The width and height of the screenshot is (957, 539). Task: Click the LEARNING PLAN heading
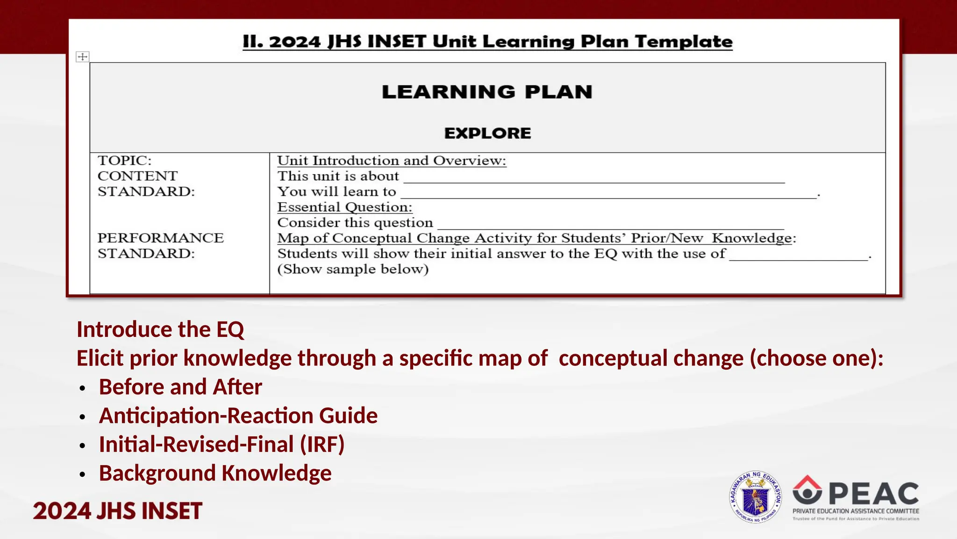click(x=487, y=92)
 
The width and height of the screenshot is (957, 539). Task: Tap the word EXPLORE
click(x=487, y=133)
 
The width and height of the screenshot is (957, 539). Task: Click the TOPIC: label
click(x=124, y=160)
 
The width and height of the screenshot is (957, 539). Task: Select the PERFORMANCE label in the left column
click(x=160, y=238)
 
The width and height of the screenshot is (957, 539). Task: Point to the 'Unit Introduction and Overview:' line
click(x=392, y=160)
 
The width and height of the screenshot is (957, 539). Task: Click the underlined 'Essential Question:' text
click(x=345, y=207)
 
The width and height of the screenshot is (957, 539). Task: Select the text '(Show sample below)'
click(x=353, y=269)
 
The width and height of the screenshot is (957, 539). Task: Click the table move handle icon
click(x=83, y=57)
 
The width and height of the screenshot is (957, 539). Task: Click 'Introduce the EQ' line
click(x=160, y=329)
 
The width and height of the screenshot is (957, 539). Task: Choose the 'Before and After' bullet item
click(x=180, y=387)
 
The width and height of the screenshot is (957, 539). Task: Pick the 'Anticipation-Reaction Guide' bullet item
click(x=238, y=415)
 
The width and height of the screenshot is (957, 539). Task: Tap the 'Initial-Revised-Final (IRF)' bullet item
click(x=221, y=444)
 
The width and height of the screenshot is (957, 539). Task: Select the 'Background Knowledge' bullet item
click(x=215, y=473)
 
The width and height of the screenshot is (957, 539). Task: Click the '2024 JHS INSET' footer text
click(x=117, y=510)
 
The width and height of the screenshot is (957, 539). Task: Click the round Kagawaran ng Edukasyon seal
click(x=755, y=497)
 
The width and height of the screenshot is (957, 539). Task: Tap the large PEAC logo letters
click(x=874, y=494)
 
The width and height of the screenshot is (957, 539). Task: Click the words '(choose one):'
click(x=817, y=358)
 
